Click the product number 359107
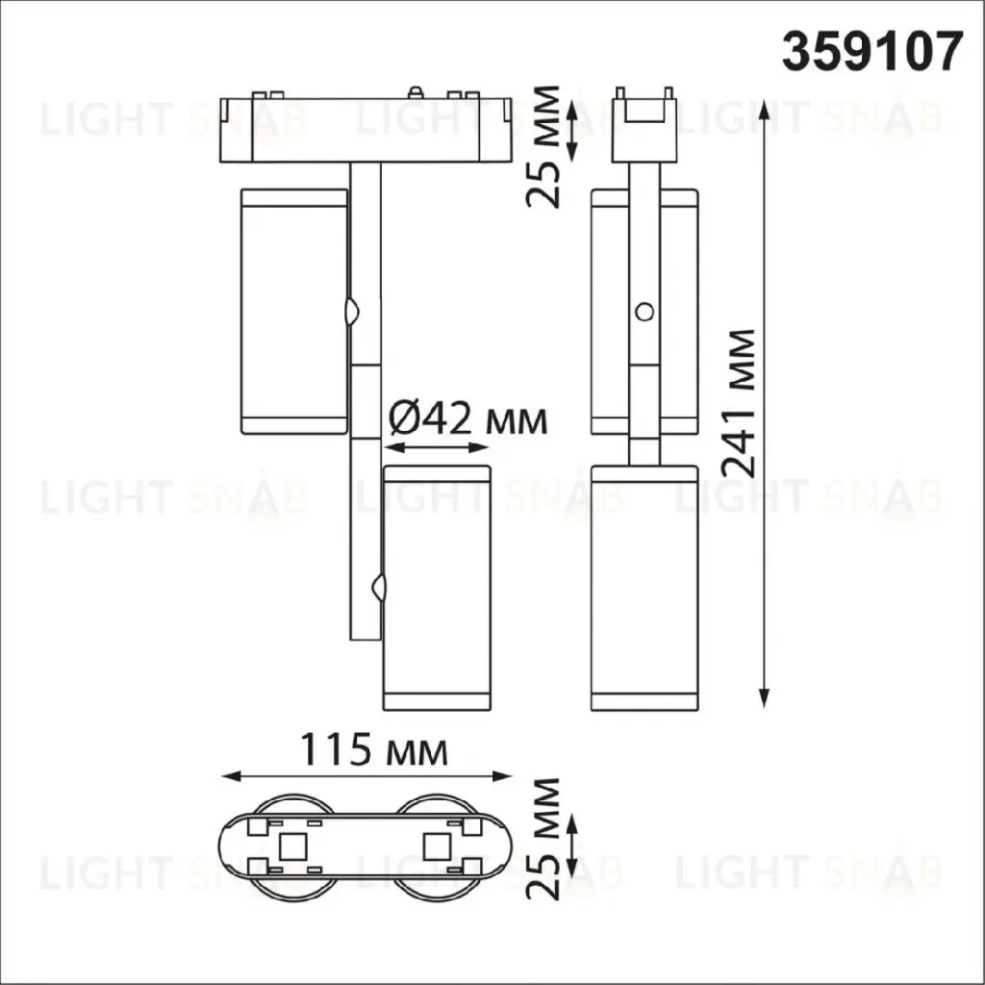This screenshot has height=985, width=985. click(871, 53)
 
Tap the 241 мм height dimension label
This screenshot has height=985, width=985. click(738, 403)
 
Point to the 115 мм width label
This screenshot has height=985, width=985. click(375, 749)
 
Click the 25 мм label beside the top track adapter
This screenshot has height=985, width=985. click(543, 146)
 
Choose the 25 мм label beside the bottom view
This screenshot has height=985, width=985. click(543, 839)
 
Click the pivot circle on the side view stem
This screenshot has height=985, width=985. click(644, 311)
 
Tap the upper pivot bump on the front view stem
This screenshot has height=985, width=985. click(351, 311)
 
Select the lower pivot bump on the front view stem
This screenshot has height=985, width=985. click(379, 588)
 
